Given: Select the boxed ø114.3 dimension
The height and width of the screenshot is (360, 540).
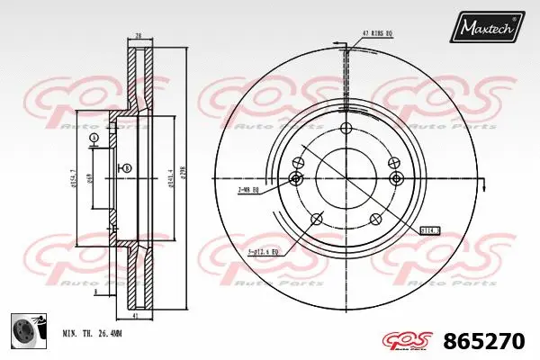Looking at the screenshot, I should [x=429, y=229].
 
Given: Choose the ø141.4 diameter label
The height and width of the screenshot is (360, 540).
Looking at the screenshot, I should [x=169, y=175].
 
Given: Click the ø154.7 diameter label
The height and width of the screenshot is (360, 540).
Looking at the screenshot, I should [x=72, y=176].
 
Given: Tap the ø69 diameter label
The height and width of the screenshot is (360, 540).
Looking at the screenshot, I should [x=89, y=177].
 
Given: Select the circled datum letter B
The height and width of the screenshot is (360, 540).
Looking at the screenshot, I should [x=126, y=168].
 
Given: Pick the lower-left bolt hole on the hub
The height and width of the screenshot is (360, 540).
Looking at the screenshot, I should [x=315, y=219].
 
